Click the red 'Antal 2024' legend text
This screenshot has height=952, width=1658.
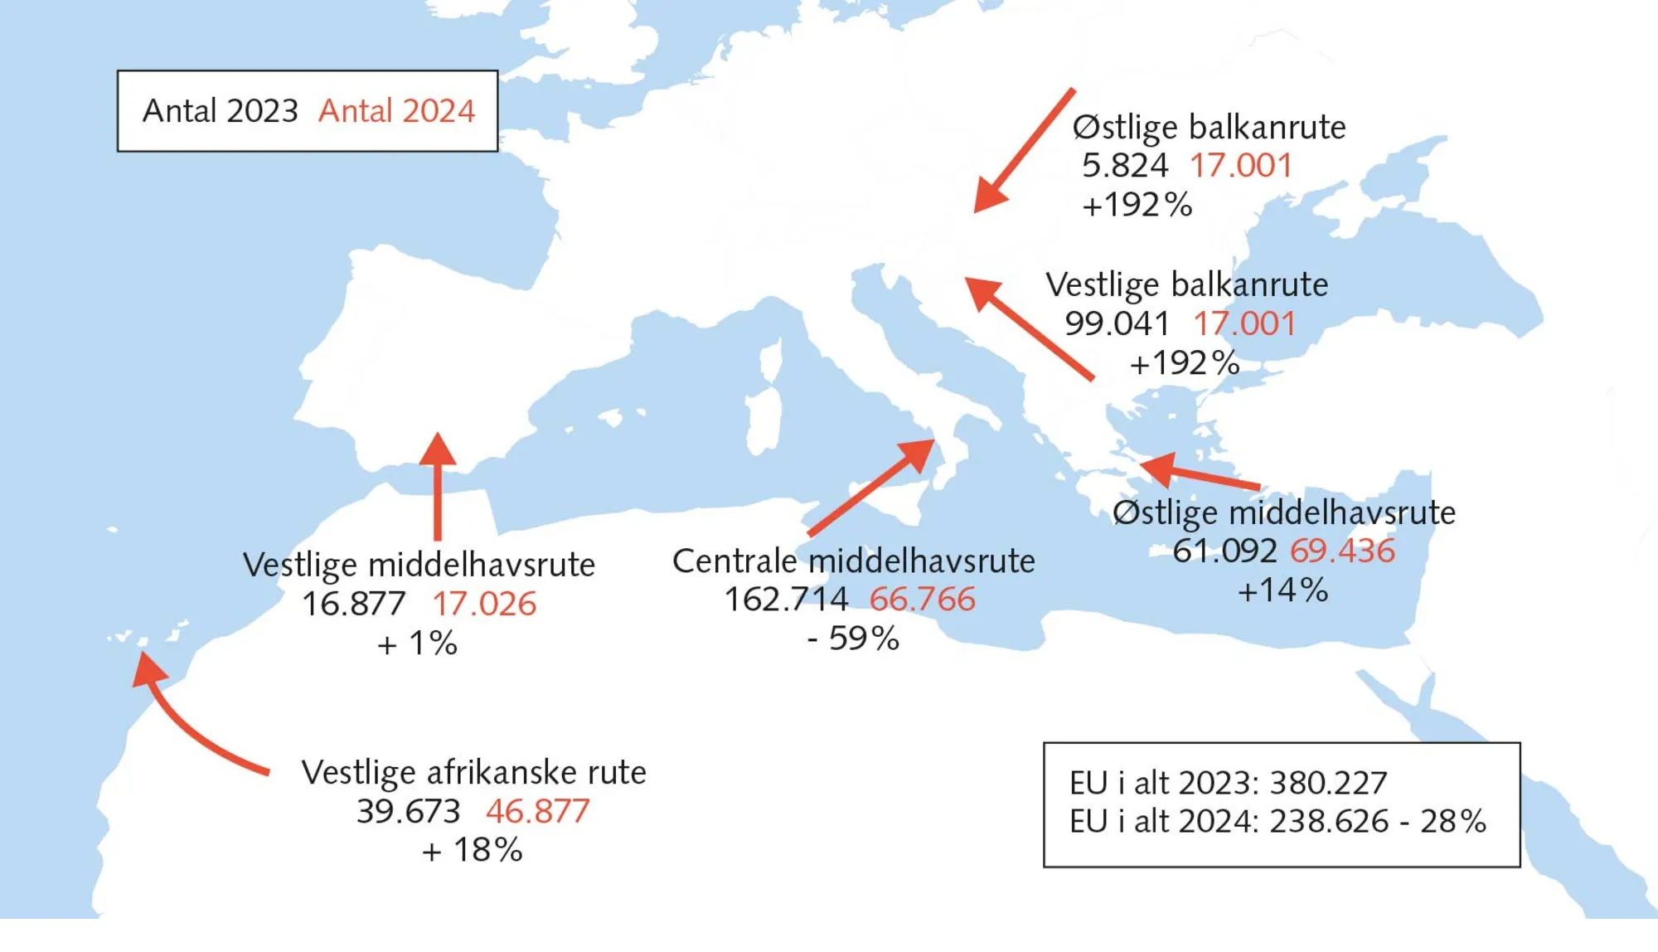tap(396, 111)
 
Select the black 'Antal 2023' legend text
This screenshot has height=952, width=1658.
tap(220, 111)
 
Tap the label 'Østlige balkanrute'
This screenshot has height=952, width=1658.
tap(1209, 128)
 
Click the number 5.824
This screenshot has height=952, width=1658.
tap(1125, 166)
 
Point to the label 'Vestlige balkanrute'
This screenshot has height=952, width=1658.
tap(1186, 285)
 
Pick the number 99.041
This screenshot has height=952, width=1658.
tap(1117, 323)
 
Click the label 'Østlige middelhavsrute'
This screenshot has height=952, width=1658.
tap(1283, 513)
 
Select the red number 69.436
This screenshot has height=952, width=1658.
tap(1342, 551)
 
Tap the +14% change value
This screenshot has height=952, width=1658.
tap(1282, 590)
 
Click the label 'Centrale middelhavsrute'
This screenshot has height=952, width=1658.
tap(853, 561)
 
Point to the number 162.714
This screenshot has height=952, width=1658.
tap(786, 600)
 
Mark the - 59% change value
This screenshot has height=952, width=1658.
tap(853, 639)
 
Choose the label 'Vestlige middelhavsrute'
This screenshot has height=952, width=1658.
tap(419, 566)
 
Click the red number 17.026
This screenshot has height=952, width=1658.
tap(484, 604)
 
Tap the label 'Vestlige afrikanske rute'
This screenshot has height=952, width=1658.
tap(473, 773)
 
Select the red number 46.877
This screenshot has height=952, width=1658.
tap(537, 811)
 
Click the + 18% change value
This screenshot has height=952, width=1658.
tap(472, 850)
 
